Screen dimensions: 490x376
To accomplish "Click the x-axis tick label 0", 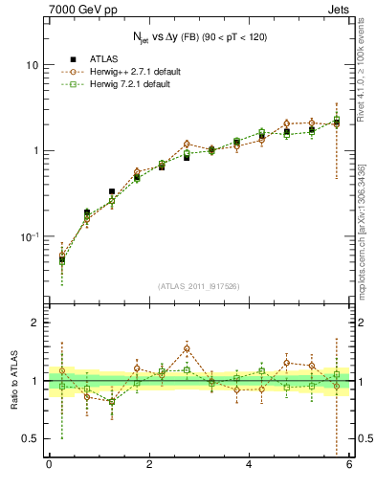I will click(49, 466).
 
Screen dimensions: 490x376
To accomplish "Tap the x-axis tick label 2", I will click(149, 466).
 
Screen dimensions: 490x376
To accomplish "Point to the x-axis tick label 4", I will click(250, 466).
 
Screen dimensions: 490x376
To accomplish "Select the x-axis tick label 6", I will click(350, 466).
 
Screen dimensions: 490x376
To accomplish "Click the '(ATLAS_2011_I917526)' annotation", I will click(199, 285).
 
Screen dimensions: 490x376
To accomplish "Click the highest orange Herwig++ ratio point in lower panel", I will click(187, 348).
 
